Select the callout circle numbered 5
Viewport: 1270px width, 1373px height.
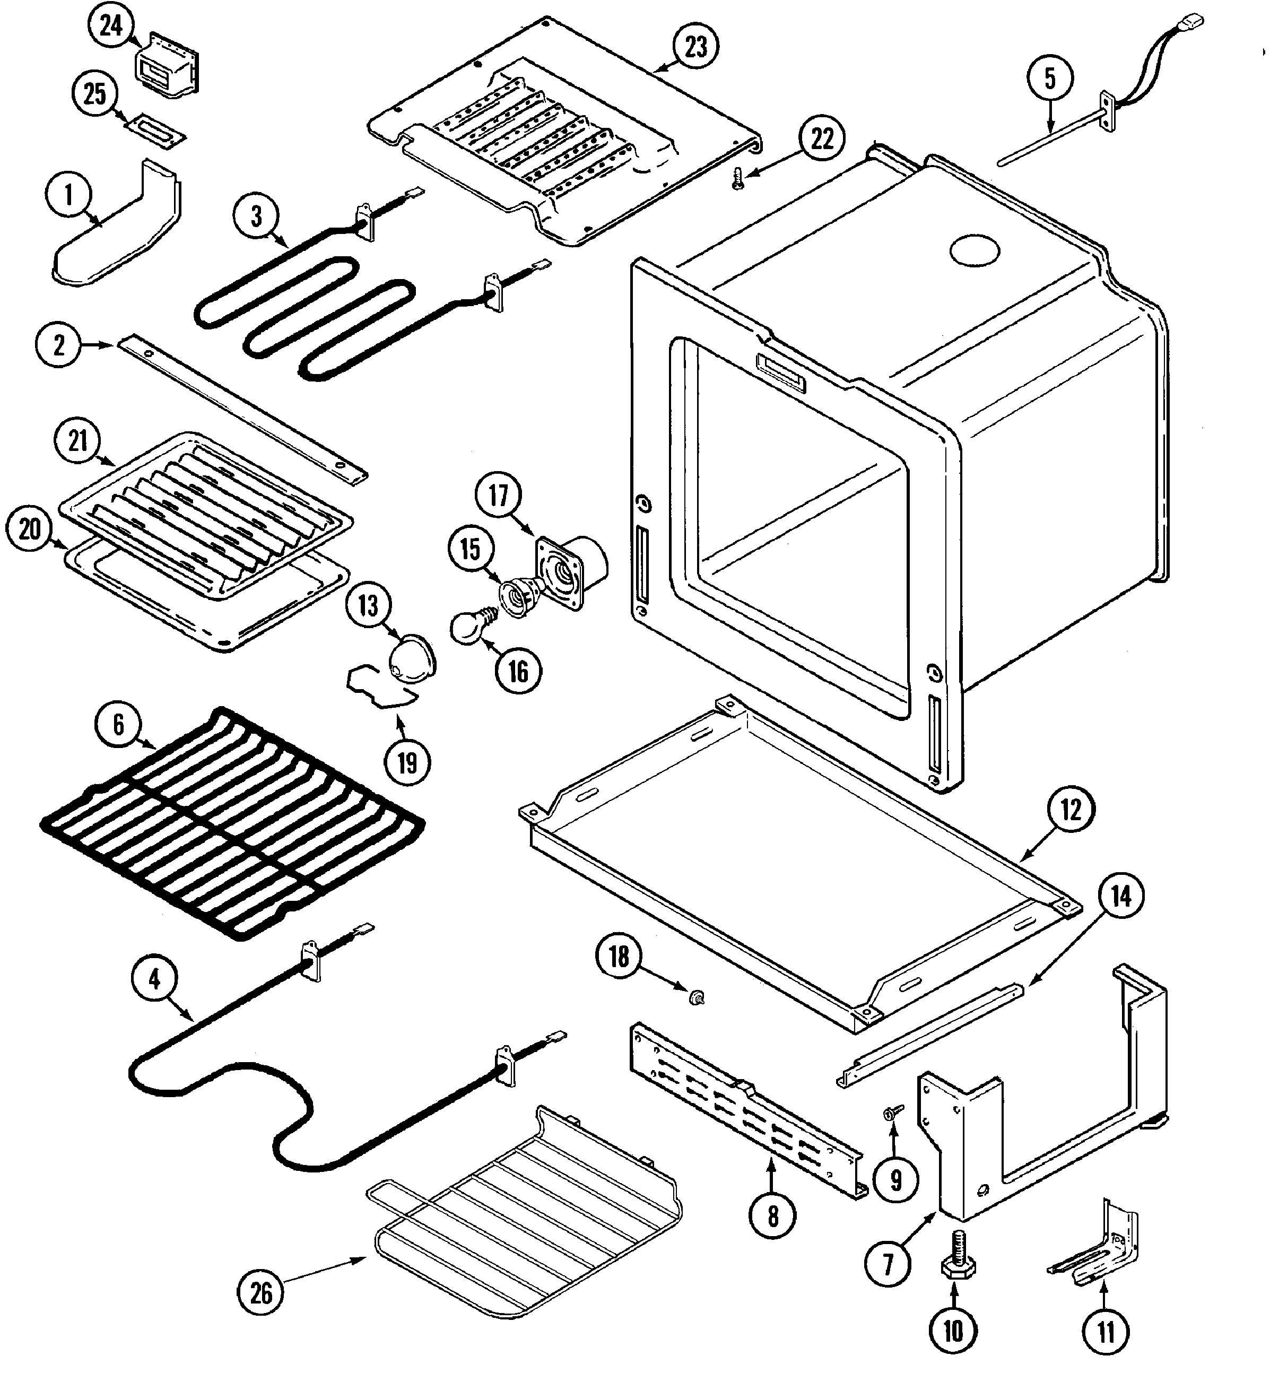[1049, 79]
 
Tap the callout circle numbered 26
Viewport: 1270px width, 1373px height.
[261, 1293]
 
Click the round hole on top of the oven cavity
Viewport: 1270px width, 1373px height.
[975, 251]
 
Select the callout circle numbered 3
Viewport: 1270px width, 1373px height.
[256, 216]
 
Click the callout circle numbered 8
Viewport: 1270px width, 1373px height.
[772, 1216]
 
